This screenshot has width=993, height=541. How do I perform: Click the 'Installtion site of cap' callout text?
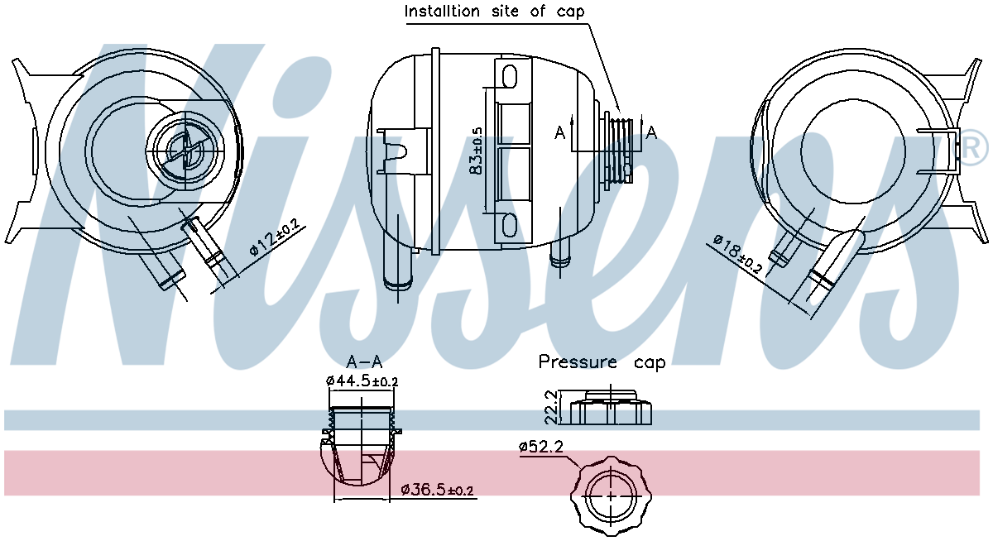(x=494, y=11)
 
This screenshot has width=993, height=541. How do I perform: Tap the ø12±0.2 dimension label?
(x=275, y=237)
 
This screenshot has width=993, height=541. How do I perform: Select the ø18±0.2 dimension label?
(x=737, y=253)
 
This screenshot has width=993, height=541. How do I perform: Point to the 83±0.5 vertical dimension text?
(x=476, y=151)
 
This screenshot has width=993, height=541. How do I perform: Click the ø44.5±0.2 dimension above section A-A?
(x=362, y=381)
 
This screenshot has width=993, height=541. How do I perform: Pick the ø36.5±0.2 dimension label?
(x=437, y=490)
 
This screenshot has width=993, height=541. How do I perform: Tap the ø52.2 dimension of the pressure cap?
(x=541, y=446)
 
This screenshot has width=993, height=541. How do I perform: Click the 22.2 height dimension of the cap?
(x=550, y=407)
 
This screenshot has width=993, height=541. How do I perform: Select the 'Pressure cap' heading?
(x=602, y=362)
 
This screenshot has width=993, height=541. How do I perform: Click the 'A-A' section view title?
(x=364, y=362)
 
